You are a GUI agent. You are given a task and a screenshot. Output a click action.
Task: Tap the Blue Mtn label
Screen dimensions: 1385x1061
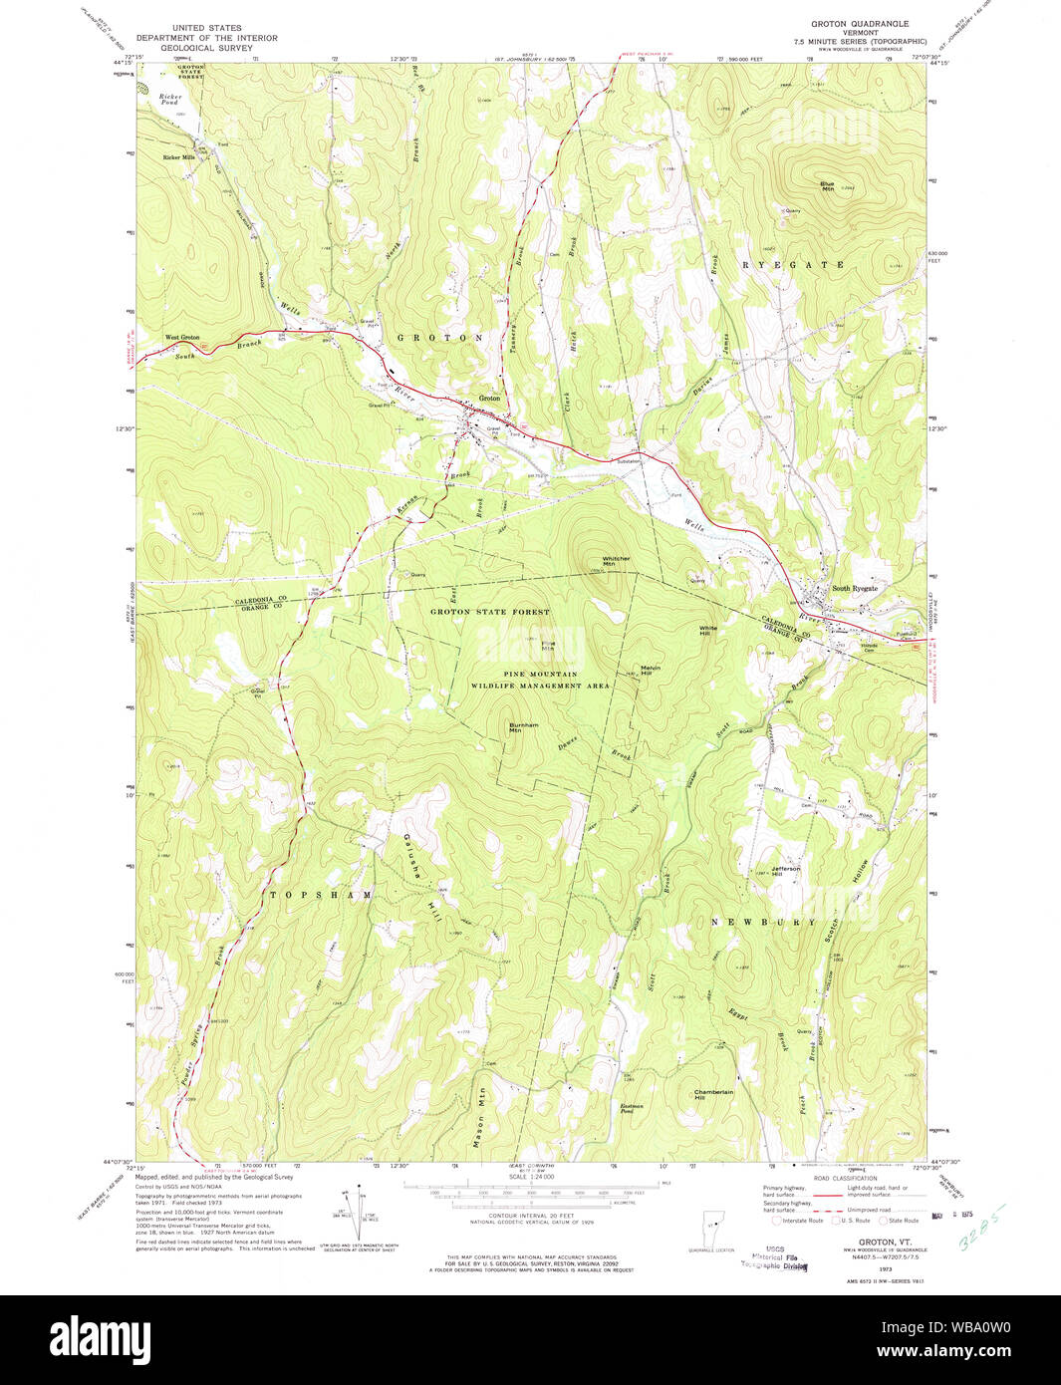point(827,186)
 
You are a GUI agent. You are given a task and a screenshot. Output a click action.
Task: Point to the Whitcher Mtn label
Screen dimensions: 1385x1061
point(616,561)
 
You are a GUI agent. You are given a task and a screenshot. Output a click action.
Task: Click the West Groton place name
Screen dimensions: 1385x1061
point(182,338)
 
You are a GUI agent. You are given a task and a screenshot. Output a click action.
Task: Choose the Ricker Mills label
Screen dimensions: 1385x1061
point(179,157)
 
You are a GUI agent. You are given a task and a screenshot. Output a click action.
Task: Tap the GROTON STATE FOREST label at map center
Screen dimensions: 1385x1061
point(489,611)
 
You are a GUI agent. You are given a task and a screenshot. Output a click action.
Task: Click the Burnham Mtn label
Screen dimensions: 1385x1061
point(523,727)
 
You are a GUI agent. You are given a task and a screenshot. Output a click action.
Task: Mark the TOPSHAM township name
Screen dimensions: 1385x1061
point(321,895)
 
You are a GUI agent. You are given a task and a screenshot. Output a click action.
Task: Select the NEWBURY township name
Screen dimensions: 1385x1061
point(762,923)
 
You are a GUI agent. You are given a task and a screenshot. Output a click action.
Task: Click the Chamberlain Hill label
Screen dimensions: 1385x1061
point(713,1094)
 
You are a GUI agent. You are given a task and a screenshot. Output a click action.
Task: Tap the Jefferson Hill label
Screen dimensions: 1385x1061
point(785,871)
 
